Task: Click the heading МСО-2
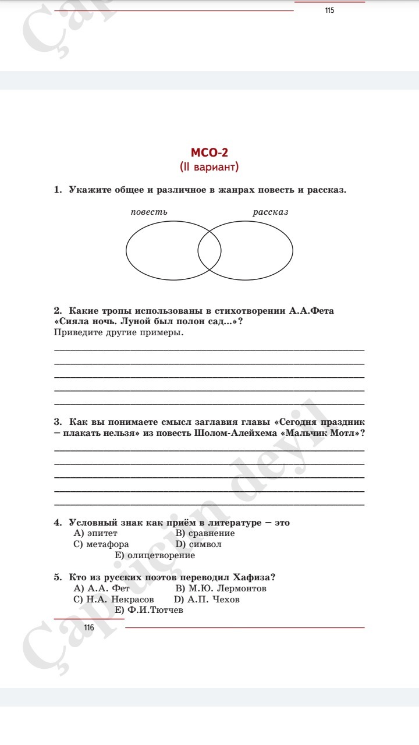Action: (x=210, y=153)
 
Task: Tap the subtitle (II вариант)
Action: (x=210, y=167)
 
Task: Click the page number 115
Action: (x=330, y=10)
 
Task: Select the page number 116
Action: (x=88, y=627)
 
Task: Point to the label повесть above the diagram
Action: (x=149, y=212)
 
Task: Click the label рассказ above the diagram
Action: (x=270, y=212)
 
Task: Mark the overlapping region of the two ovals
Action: (x=210, y=251)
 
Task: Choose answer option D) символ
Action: (x=198, y=544)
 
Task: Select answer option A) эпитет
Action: (x=95, y=533)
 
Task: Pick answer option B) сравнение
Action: (x=205, y=533)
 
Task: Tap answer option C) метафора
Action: (x=101, y=544)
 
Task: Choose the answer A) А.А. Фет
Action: (x=101, y=588)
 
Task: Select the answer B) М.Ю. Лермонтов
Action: (x=221, y=588)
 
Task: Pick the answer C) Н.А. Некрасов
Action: (x=113, y=599)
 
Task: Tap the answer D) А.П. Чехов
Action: (x=207, y=599)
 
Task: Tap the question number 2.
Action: (x=58, y=311)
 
